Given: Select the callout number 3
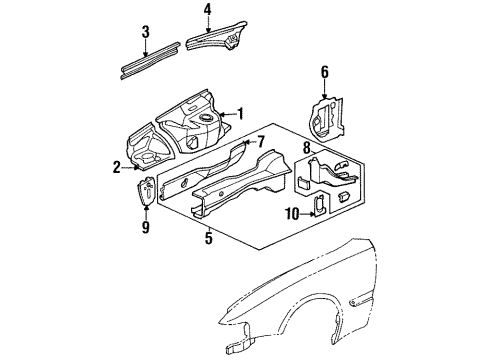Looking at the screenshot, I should [x=146, y=32].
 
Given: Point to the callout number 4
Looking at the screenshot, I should [x=207, y=11].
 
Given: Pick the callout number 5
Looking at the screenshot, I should [x=209, y=238].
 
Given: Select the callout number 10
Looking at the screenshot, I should [x=290, y=213].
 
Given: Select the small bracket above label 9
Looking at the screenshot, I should [x=145, y=190].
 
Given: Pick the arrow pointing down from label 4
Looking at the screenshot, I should [x=207, y=24].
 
